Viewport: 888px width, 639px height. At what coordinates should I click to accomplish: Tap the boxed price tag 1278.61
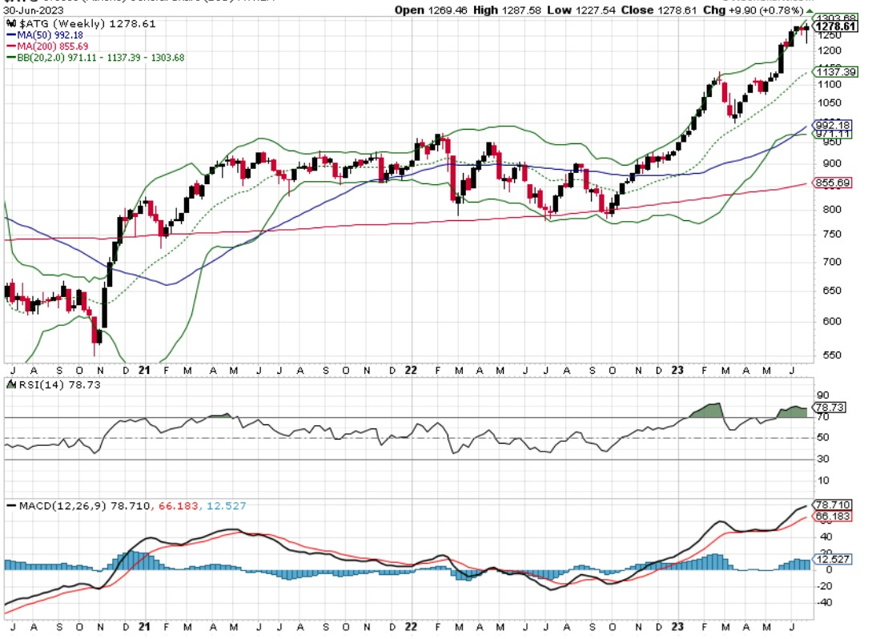coord(836,26)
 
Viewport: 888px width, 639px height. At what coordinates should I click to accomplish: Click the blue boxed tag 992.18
coord(832,125)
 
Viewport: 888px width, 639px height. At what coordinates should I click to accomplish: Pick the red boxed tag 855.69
coord(832,183)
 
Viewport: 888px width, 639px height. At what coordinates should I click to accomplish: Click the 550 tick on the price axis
coord(825,355)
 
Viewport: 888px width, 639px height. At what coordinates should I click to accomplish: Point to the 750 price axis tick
coord(825,234)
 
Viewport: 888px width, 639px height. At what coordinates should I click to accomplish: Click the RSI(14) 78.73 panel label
coord(40,385)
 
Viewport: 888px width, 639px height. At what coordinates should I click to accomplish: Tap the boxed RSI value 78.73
coord(831,408)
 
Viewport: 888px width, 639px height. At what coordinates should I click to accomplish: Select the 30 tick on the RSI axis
coord(822,459)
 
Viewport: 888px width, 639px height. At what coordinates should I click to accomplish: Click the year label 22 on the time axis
coord(411,370)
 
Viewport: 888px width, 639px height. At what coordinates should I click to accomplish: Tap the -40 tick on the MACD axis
coord(824,603)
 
